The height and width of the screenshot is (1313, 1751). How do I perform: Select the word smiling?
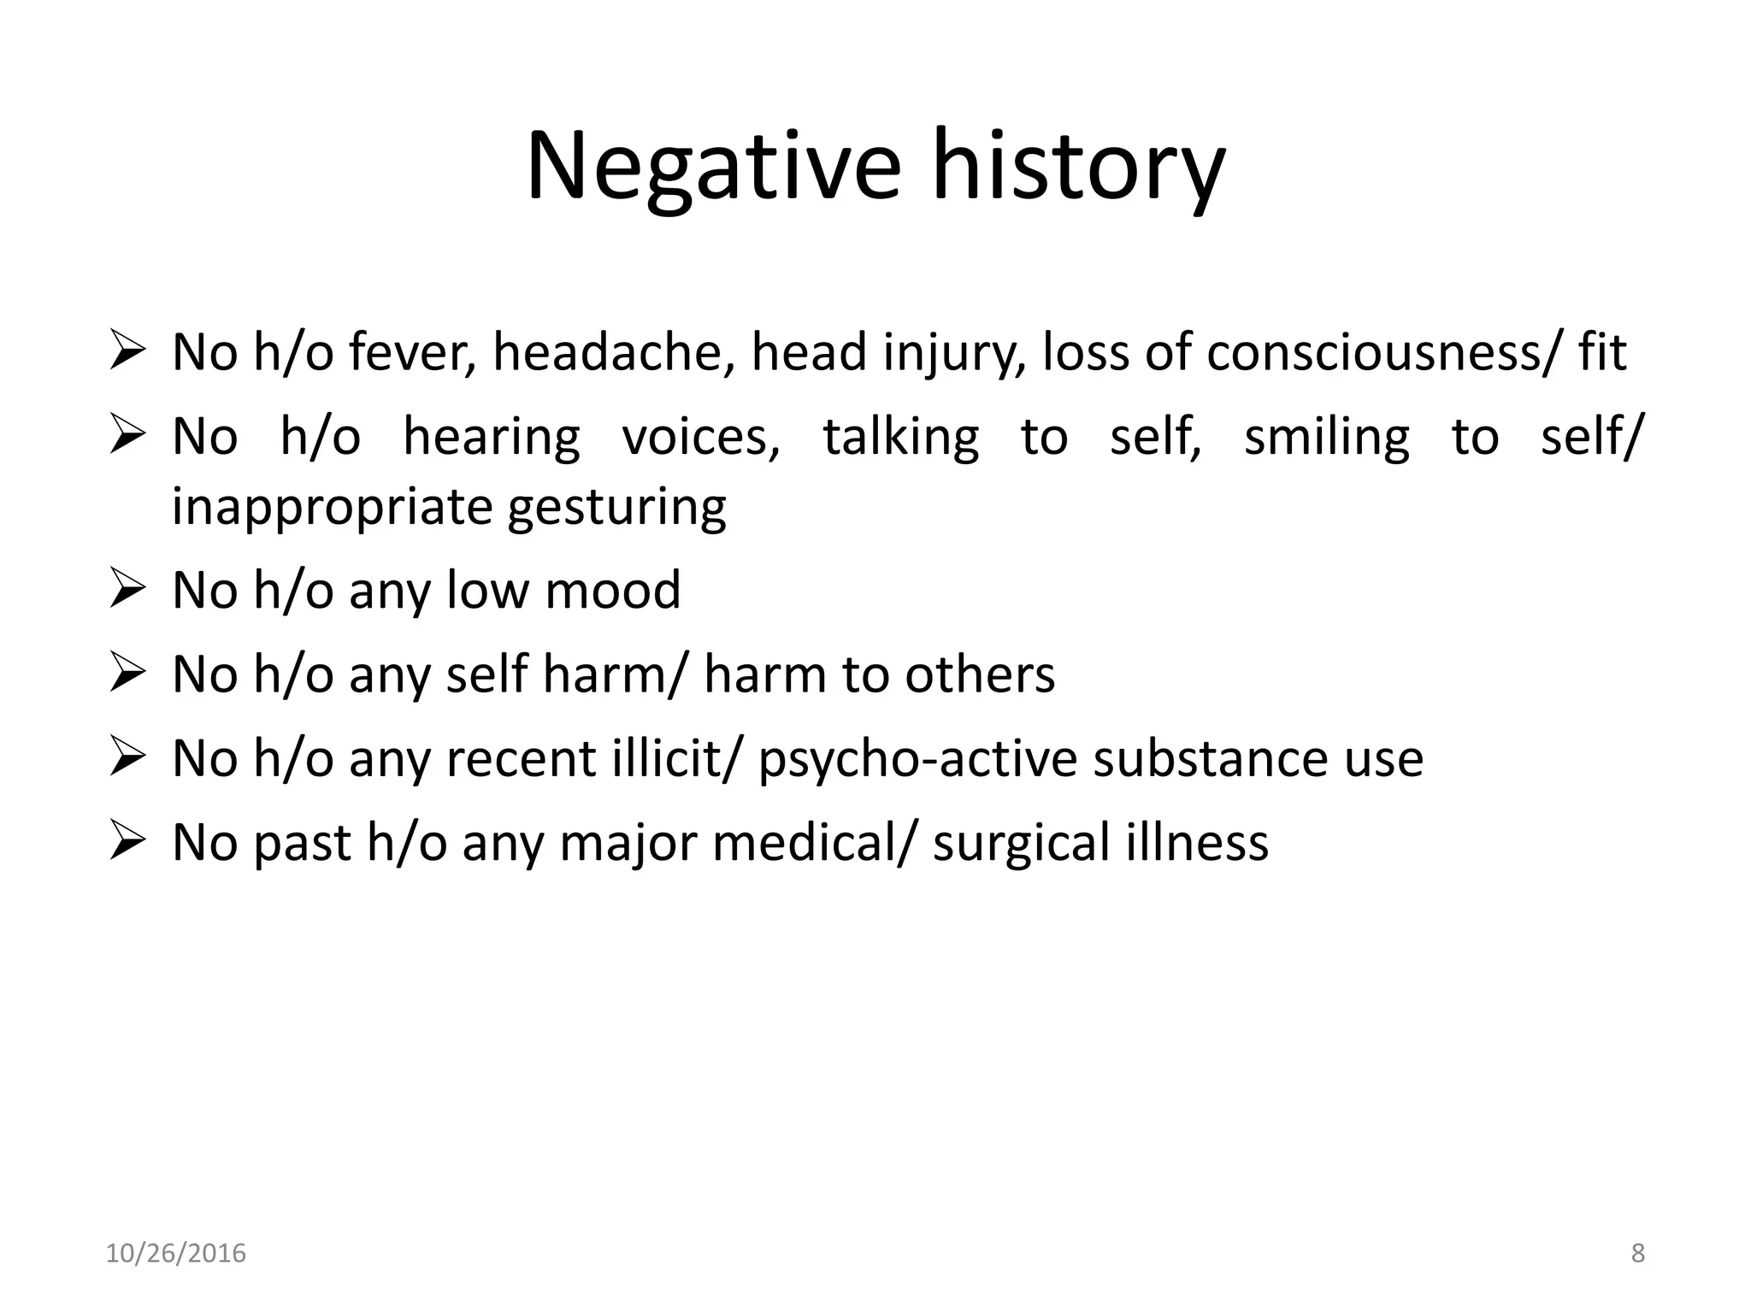[x=1326, y=437]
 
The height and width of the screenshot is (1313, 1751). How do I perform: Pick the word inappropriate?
[x=332, y=506]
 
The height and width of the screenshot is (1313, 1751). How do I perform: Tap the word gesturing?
[x=616, y=506]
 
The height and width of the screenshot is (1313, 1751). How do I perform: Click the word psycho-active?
[x=917, y=758]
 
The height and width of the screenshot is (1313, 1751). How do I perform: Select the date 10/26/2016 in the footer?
[x=175, y=1253]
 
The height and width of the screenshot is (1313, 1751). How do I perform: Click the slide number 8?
[x=1637, y=1253]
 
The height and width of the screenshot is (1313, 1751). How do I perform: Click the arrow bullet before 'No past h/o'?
[x=127, y=842]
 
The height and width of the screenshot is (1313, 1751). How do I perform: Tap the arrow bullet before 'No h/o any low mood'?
[x=127, y=590]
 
